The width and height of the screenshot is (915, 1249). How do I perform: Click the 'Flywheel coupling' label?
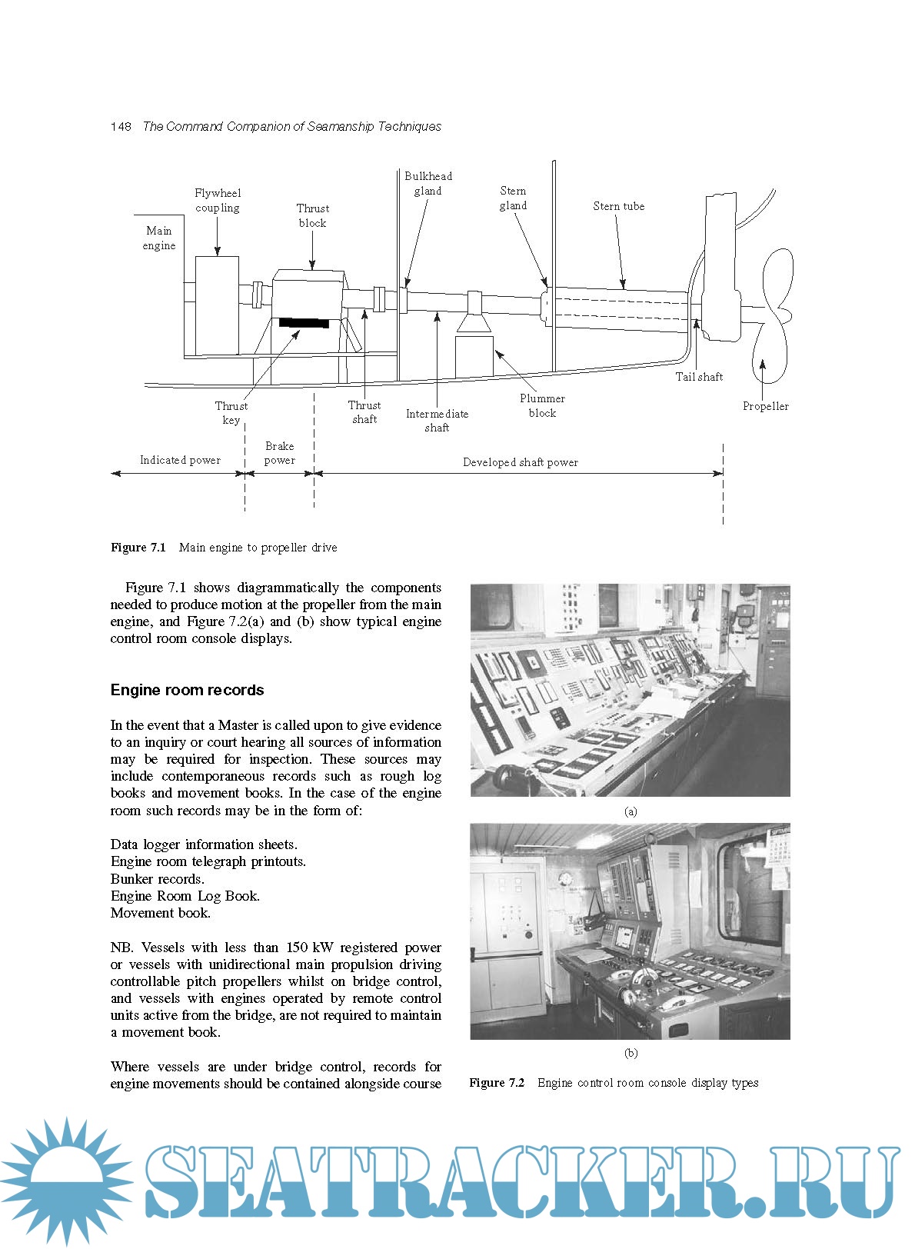pyautogui.click(x=217, y=200)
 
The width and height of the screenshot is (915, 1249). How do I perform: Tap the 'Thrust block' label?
pyautogui.click(x=312, y=215)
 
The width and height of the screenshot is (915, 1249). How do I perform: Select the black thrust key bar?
pyautogui.click(x=304, y=322)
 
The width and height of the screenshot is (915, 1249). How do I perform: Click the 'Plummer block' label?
pyautogui.click(x=542, y=405)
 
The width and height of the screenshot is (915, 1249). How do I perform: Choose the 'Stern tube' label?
pyautogui.click(x=618, y=206)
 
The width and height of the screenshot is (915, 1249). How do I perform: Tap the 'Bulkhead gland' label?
pyautogui.click(x=428, y=183)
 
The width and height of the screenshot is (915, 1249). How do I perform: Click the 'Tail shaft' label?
pyautogui.click(x=699, y=377)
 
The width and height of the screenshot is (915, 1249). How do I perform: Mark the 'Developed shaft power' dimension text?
pyautogui.click(x=520, y=462)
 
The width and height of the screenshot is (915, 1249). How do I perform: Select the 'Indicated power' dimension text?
pyautogui.click(x=180, y=460)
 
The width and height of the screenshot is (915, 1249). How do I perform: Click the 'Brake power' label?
pyautogui.click(x=279, y=453)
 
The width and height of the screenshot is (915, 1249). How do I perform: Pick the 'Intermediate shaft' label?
pyautogui.click(x=437, y=420)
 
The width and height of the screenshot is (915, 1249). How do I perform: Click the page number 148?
pyautogui.click(x=121, y=126)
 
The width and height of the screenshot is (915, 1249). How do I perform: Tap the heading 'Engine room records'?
pyautogui.click(x=187, y=690)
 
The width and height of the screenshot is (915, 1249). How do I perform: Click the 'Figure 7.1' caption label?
pyautogui.click(x=138, y=548)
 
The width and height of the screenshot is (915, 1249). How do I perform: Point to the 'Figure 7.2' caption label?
pyautogui.click(x=497, y=1083)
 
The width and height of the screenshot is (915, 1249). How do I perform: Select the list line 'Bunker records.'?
pyautogui.click(x=158, y=879)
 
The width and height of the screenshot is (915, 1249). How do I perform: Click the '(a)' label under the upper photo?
pyautogui.click(x=631, y=811)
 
